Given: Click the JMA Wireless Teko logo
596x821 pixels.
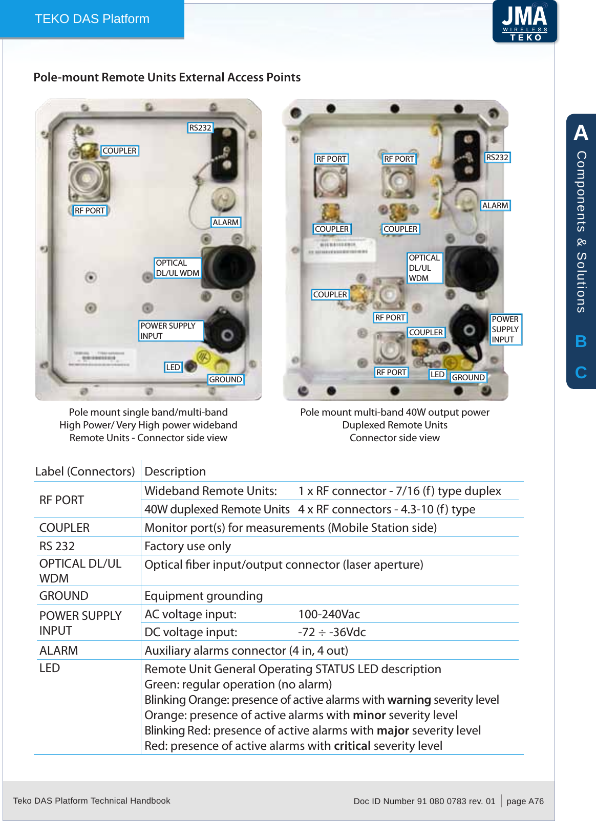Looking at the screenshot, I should [x=524, y=21].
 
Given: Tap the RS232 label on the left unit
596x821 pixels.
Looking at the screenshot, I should [x=200, y=127].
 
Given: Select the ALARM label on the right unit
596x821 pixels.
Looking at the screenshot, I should [x=495, y=205].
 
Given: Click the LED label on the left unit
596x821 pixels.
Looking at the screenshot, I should [x=173, y=367].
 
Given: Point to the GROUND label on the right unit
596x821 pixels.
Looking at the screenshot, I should [x=468, y=377].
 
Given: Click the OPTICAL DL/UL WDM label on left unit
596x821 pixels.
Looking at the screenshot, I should [x=177, y=268].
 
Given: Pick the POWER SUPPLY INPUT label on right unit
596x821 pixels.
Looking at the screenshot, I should [x=505, y=329].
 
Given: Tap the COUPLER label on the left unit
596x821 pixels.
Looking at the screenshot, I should [x=119, y=150].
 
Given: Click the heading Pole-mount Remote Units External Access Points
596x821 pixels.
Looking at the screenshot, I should [x=167, y=77].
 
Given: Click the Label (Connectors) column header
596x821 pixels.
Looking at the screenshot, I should [x=85, y=471].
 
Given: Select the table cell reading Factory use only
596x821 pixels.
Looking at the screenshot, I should [x=187, y=546].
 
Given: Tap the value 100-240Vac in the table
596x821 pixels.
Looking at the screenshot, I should [x=329, y=614].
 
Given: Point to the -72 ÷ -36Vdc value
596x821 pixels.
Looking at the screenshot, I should [x=332, y=632].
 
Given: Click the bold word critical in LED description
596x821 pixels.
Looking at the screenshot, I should [x=352, y=746].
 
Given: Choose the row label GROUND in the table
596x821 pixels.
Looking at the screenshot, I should [x=64, y=596].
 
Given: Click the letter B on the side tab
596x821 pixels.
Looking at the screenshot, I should [x=581, y=341].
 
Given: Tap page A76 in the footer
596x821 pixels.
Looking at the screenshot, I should [x=525, y=801].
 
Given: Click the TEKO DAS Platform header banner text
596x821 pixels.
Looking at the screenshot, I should [x=92, y=19].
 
